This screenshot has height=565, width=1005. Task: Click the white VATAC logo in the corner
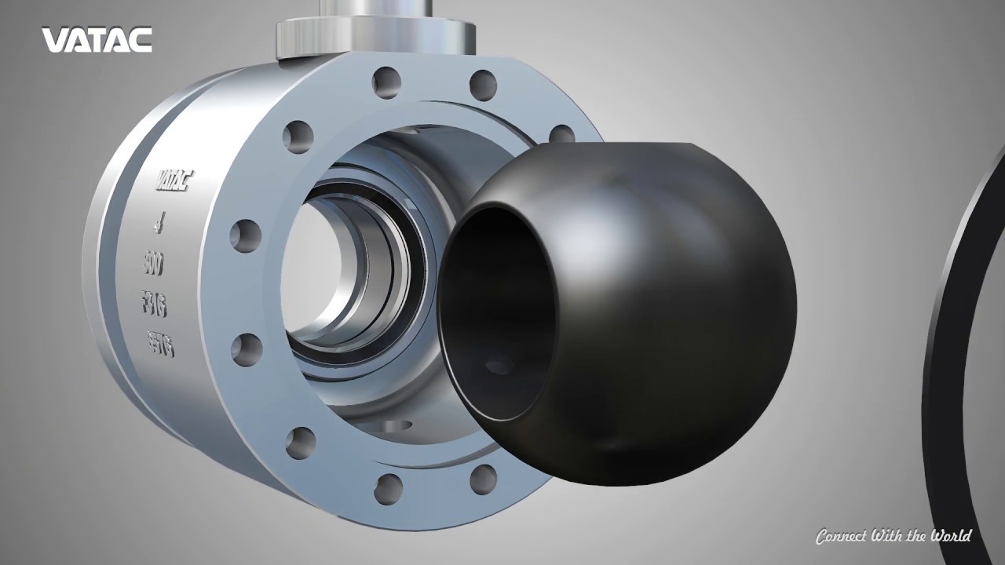97,40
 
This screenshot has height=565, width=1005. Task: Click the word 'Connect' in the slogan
842,537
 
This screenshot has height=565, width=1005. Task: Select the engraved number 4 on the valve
159,225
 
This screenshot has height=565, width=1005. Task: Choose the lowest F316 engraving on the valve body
161,344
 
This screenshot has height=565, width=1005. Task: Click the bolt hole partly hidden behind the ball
562,135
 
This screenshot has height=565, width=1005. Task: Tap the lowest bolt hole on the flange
388,489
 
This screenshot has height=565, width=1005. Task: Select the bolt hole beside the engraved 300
246,235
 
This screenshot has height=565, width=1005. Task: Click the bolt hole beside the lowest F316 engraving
247,350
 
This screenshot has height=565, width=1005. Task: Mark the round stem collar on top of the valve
376,35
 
